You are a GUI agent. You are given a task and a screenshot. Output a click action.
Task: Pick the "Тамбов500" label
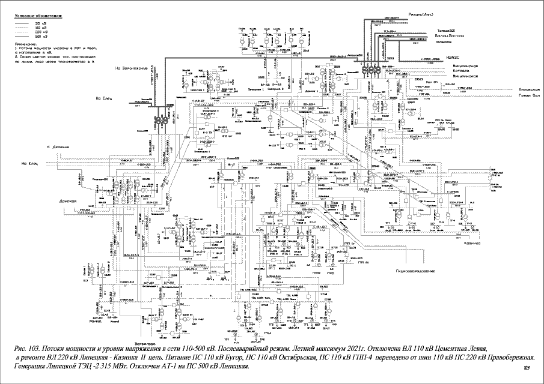448,30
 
